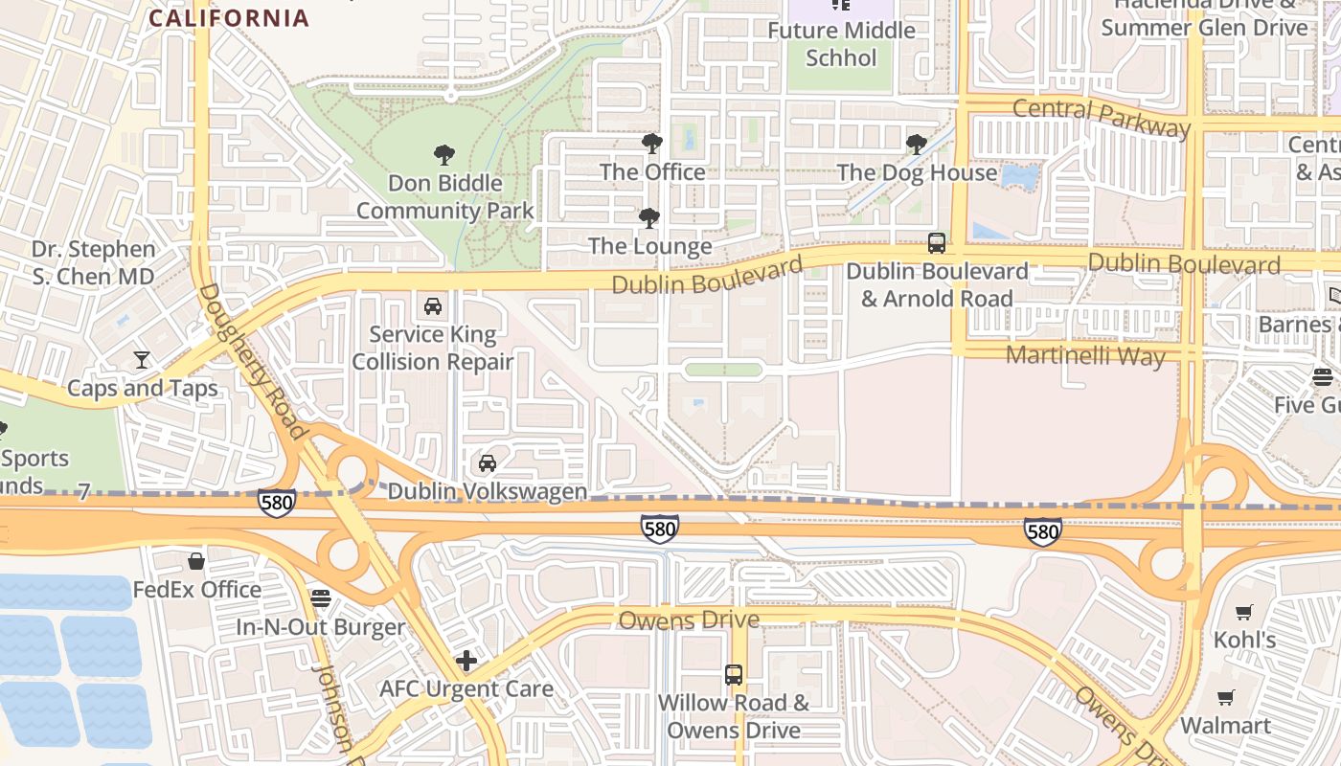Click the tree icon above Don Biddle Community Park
point(443,154)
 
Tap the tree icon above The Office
point(652,144)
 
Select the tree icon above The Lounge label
point(649,218)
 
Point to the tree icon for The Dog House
point(917,145)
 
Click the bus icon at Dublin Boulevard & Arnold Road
point(937,243)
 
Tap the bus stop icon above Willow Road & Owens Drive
point(734,675)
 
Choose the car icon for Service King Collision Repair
point(433,306)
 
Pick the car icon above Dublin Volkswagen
point(488,463)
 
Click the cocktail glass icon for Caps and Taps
point(142,360)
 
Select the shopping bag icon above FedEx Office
point(196,561)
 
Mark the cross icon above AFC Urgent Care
point(466,661)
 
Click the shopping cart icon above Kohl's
point(1243,612)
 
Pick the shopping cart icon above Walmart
point(1226,698)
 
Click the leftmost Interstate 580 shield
point(276,503)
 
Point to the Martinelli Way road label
point(1085,356)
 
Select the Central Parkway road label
point(1101,116)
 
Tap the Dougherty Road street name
point(253,360)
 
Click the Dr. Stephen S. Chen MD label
point(93,262)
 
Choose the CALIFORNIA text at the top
point(230,17)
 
